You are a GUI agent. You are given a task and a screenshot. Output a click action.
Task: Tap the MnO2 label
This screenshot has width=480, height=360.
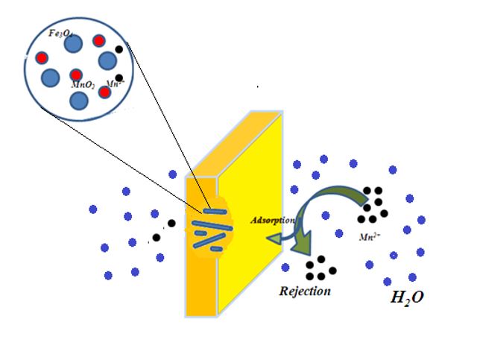click(x=82, y=86)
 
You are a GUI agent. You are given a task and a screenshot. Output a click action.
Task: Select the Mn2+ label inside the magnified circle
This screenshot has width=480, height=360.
click(x=115, y=84)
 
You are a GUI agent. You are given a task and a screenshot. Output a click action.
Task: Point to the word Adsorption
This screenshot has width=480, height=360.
click(x=272, y=221)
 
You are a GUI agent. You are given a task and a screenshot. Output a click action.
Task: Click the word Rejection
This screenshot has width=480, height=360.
click(x=304, y=291)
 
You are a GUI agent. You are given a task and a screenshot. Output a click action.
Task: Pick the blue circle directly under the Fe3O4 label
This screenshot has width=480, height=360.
click(x=72, y=44)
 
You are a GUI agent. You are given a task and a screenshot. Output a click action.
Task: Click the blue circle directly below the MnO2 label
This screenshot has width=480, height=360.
click(x=79, y=100)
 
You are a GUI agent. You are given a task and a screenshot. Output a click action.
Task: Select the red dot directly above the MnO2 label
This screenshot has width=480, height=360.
click(x=76, y=75)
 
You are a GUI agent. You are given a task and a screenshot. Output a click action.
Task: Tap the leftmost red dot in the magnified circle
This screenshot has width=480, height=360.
click(x=42, y=57)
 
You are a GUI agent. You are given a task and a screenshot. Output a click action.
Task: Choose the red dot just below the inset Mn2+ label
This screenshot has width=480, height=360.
click(x=105, y=92)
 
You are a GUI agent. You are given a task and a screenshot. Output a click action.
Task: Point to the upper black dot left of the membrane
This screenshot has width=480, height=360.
click(x=171, y=223)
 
